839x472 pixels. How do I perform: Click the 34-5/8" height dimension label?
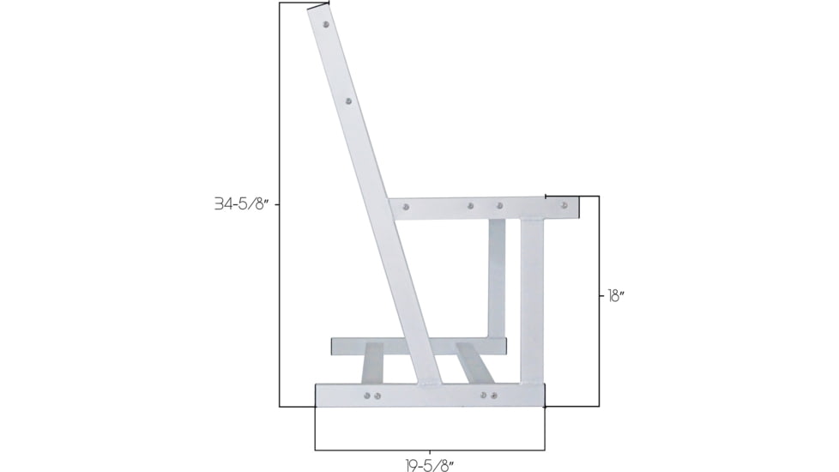point(242,204)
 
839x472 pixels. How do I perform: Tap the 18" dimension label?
point(616,295)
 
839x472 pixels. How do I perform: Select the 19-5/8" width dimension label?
point(429,465)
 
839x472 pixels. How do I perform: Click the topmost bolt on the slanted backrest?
point(326,26)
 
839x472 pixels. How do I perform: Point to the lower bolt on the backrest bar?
point(348,101)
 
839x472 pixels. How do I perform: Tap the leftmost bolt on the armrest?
point(406,207)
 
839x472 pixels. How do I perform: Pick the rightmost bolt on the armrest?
point(564,206)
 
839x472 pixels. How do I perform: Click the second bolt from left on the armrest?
point(470,206)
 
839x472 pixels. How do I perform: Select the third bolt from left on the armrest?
point(499,206)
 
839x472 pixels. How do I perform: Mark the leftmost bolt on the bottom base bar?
point(367,396)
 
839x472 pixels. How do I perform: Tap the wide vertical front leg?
point(532,300)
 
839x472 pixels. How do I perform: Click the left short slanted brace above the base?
point(372,364)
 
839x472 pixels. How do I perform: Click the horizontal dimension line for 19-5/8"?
point(429,450)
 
